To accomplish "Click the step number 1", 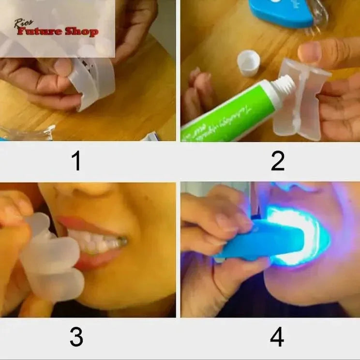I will coord(76,161).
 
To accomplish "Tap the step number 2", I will coord(277,161).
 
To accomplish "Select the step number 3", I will coord(76,337).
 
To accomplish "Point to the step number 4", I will coord(277,337).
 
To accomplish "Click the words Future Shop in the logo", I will coord(58,32).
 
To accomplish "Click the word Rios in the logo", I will coord(24,22).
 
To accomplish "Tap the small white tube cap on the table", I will coord(248,63).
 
